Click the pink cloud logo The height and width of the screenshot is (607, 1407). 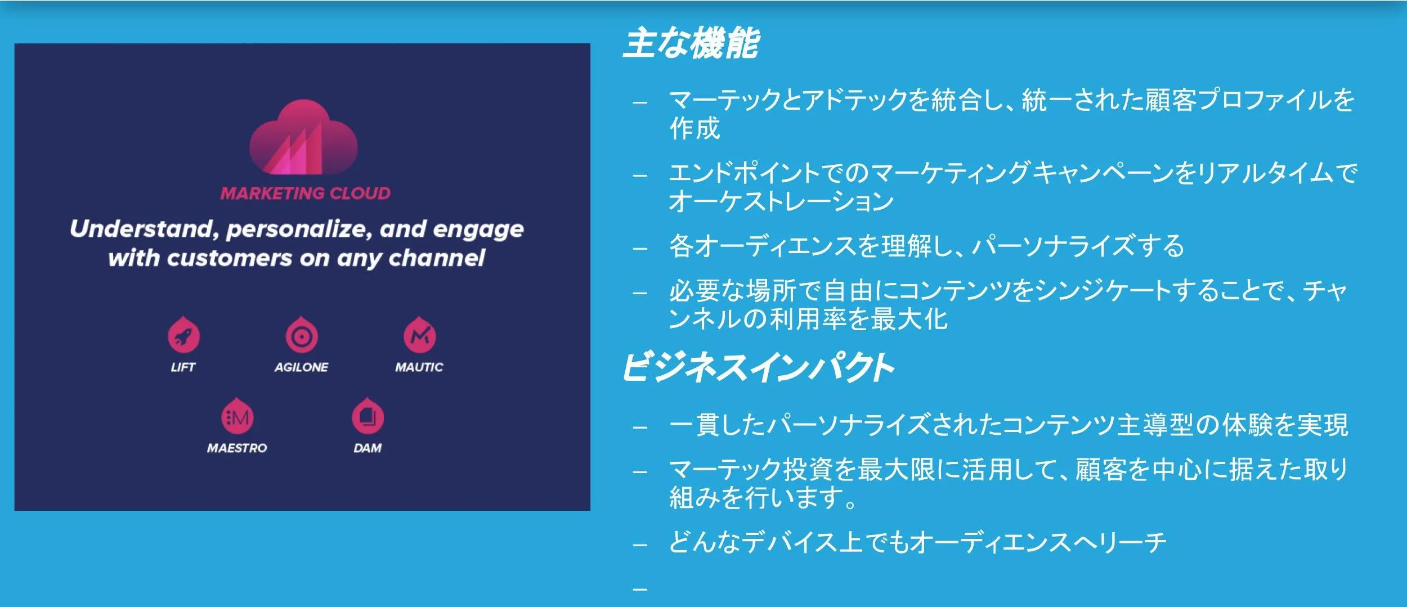[x=303, y=137]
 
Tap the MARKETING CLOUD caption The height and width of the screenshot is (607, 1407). [x=306, y=193]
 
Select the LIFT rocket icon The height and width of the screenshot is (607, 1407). [x=183, y=335]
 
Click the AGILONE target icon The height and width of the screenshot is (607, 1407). [x=302, y=335]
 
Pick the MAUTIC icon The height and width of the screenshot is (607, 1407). [x=420, y=335]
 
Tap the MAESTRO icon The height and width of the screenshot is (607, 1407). [x=237, y=416]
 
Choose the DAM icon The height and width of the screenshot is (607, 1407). [x=368, y=416]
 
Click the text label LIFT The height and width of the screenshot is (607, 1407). [x=183, y=367]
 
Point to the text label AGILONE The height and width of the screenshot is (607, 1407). [x=301, y=367]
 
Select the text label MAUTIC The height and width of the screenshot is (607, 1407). [x=419, y=367]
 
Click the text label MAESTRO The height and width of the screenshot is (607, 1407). [x=237, y=448]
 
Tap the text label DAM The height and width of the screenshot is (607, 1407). [x=368, y=448]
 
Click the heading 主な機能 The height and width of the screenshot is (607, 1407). [x=691, y=43]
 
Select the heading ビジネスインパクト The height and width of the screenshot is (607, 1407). [x=758, y=367]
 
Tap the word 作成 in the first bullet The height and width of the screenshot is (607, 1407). [x=694, y=129]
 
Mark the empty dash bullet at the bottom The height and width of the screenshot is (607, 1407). [x=640, y=589]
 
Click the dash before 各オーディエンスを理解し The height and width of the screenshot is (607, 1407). [x=640, y=248]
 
